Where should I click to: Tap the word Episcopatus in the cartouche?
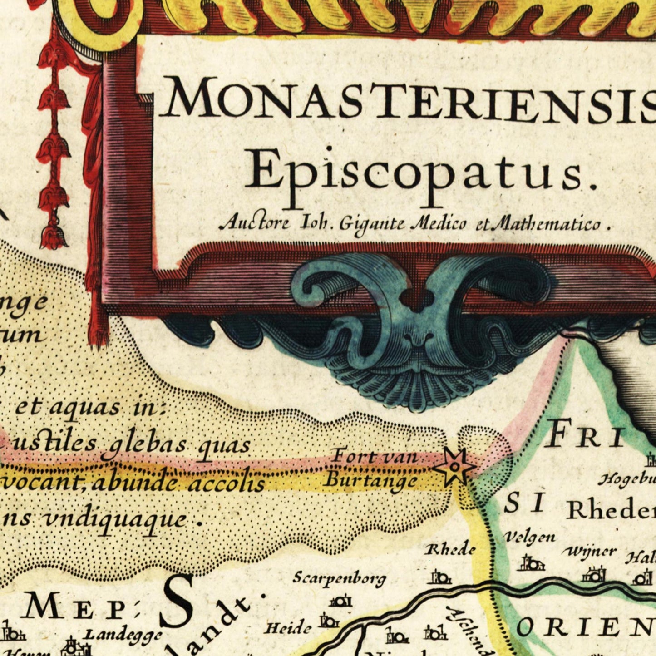click(420, 172)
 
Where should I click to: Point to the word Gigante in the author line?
click(371, 223)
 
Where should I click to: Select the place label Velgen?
click(529, 537)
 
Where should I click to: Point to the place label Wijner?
click(589, 552)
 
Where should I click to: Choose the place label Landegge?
click(123, 634)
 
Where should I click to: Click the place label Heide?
click(288, 628)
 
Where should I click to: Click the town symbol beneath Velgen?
click(531, 564)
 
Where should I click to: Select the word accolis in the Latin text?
click(226, 484)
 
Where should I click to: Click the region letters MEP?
click(75, 608)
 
